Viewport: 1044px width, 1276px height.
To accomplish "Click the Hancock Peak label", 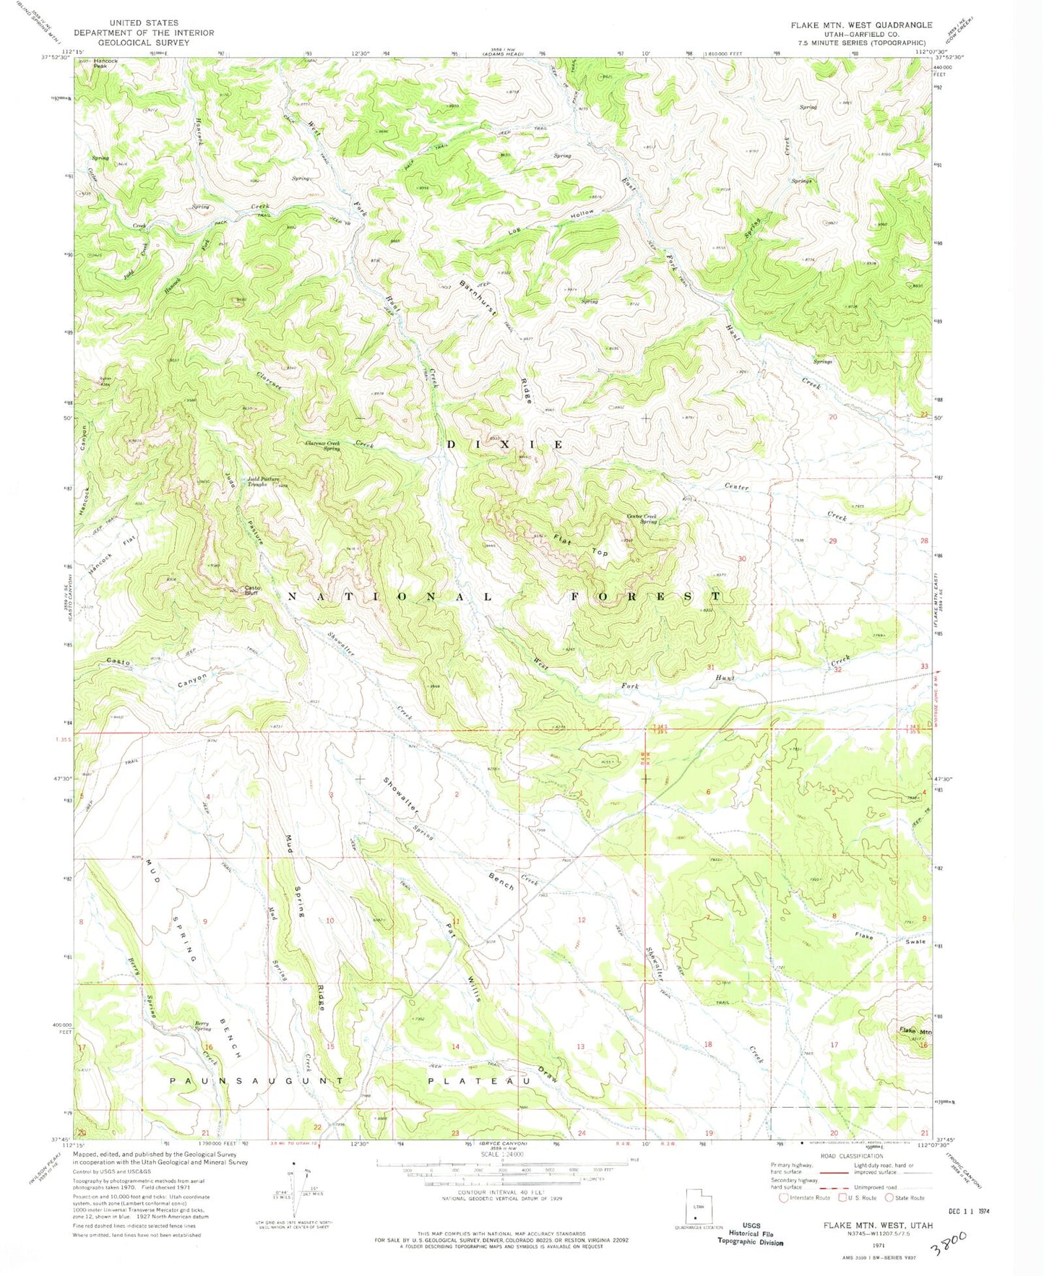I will pos(105,63).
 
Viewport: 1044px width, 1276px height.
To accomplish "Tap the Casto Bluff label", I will pos(251,589).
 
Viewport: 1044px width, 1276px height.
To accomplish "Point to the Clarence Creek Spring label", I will pos(322,445).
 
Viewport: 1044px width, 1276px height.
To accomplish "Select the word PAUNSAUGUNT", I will pos(258,1081).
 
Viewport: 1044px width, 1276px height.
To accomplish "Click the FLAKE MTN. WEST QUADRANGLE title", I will pos(861,25).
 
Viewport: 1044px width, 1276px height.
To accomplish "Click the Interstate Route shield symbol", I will pos(784,1198).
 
